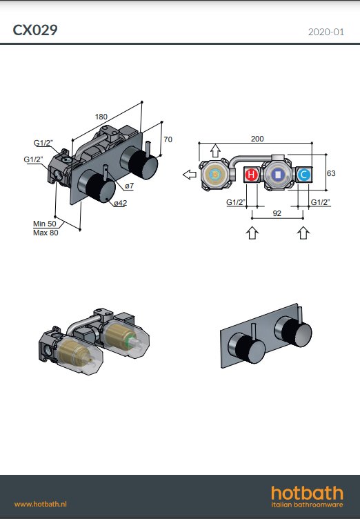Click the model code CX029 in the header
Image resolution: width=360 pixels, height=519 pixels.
34,30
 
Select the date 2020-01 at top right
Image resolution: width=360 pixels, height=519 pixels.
325,31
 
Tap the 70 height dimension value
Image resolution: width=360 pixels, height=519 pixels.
168,139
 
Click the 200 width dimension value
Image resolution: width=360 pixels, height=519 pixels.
257,139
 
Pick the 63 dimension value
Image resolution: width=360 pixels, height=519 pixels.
331,173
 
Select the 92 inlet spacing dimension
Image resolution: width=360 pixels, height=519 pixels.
276,214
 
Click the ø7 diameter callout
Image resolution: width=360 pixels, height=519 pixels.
130,187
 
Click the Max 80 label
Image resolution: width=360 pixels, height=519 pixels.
46,233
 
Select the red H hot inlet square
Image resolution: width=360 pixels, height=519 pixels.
252,175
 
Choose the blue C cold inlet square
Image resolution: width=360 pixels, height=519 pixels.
303,175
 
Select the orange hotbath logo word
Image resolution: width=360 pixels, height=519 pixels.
307,493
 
